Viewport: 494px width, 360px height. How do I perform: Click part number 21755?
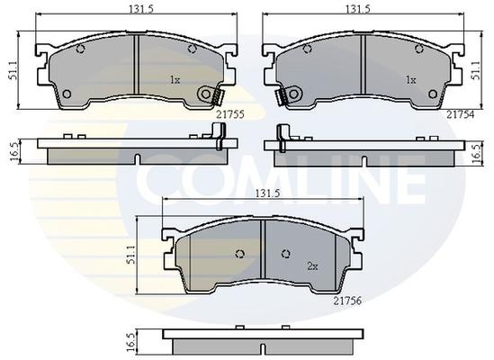pyautogui.click(x=230, y=114)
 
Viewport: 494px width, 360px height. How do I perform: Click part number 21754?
pyautogui.click(x=460, y=114)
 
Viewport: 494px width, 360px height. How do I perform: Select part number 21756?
pyautogui.click(x=348, y=301)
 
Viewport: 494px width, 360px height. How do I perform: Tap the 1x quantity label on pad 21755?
pyautogui.click(x=175, y=80)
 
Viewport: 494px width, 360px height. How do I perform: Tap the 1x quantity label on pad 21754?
pyautogui.click(x=410, y=80)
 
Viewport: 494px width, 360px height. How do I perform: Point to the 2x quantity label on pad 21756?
pyautogui.click(x=312, y=266)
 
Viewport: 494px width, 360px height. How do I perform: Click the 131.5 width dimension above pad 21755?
pyautogui.click(x=141, y=9)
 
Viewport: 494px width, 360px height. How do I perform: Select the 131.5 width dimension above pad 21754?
pyautogui.click(x=358, y=9)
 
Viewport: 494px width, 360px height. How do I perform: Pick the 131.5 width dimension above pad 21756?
pyautogui.click(x=267, y=193)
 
